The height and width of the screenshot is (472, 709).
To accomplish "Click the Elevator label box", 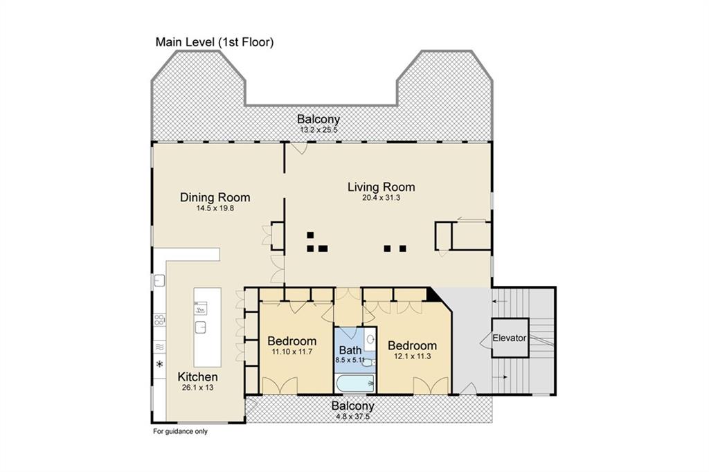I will (510, 338).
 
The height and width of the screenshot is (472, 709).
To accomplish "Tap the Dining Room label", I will (215, 197).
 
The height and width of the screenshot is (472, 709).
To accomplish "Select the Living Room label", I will (381, 187).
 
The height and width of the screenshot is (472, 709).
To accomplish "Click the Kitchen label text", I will (198, 376).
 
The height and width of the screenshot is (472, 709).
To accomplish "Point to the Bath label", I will (350, 350).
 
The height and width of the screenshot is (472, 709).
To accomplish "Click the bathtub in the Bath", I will (354, 383).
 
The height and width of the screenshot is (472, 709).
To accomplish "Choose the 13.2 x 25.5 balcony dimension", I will (319, 129).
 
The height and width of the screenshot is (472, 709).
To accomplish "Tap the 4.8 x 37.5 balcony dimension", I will (352, 416).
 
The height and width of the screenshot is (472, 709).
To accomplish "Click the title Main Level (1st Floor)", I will (215, 42).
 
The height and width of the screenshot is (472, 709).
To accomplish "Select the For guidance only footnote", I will (180, 432).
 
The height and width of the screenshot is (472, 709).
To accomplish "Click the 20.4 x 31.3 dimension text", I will (381, 197).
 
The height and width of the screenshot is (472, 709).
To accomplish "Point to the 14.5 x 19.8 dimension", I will (215, 208).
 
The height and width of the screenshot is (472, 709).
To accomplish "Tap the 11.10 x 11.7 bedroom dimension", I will (292, 352).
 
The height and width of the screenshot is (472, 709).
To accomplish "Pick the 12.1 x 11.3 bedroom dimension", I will (412, 356).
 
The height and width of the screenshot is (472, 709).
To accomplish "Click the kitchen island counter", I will (207, 327).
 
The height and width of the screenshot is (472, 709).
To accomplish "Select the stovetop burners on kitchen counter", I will (159, 320).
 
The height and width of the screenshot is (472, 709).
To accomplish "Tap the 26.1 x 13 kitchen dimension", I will (198, 388).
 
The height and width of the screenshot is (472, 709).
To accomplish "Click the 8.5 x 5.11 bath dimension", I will (350, 360).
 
